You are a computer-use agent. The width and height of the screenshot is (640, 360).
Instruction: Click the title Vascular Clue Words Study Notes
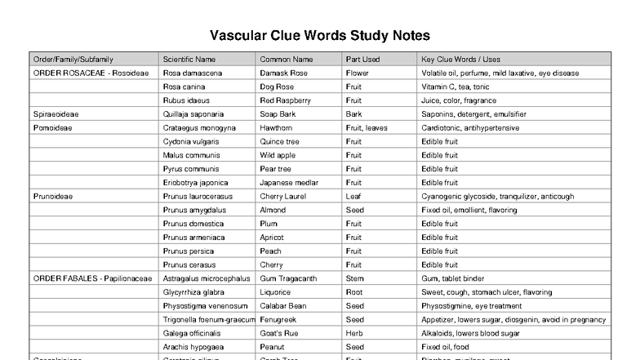(319, 36)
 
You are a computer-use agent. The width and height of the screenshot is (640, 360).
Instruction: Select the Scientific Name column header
(189, 59)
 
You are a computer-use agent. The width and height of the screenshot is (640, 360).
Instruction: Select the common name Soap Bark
(278, 114)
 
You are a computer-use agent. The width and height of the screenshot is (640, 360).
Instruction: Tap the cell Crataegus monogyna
(199, 128)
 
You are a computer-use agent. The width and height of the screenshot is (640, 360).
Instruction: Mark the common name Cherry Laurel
(283, 197)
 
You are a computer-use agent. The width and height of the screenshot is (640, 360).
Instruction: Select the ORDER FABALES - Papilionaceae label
(92, 278)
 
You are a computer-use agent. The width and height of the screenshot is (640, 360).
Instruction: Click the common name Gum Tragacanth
(288, 278)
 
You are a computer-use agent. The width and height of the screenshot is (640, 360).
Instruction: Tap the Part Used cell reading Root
(354, 292)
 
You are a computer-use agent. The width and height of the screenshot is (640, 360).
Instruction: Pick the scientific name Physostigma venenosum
(205, 306)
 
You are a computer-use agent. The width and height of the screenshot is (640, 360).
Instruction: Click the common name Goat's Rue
(281, 333)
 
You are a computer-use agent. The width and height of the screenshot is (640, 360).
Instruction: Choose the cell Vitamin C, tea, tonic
(456, 87)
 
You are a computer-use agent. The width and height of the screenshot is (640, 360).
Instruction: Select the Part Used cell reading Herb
(354, 333)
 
